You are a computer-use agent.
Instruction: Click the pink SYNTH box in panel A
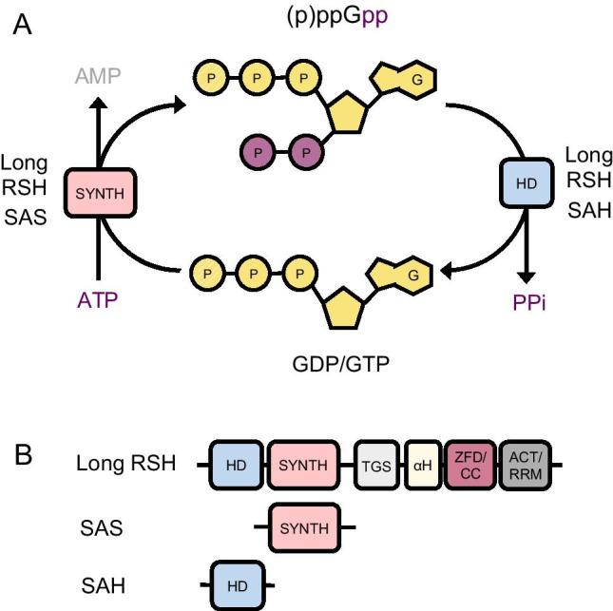(100, 193)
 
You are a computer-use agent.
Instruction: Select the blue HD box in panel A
(527, 183)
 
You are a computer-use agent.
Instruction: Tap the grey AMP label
(98, 76)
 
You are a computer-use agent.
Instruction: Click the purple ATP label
(97, 300)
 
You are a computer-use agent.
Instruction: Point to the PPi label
(529, 302)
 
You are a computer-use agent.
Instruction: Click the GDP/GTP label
(341, 364)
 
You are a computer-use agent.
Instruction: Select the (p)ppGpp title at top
(337, 17)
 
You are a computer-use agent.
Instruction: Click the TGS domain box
(376, 466)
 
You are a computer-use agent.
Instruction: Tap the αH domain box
(423, 466)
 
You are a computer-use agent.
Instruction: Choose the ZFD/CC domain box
(470, 466)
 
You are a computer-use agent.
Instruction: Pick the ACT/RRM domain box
(526, 466)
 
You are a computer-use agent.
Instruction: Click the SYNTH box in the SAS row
(304, 528)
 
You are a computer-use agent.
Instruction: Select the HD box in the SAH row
(238, 585)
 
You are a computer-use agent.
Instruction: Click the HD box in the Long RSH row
(236, 466)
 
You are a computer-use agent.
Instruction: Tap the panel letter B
(23, 455)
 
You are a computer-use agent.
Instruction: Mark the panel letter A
(22, 25)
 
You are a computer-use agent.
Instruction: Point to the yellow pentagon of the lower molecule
(344, 309)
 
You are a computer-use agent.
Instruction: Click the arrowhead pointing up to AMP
(98, 103)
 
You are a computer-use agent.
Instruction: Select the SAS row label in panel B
(102, 527)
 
